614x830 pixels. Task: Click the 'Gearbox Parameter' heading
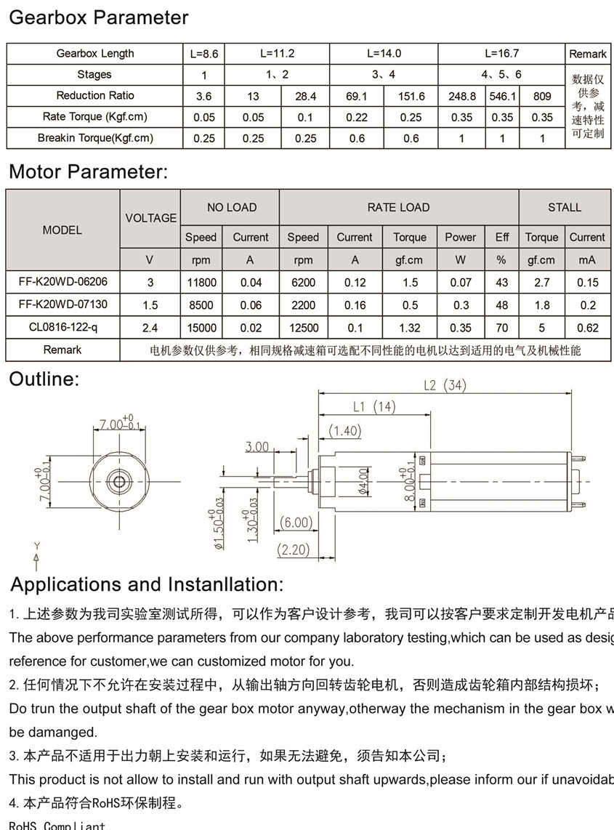tap(98, 18)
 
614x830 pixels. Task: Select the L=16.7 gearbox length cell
tap(502, 54)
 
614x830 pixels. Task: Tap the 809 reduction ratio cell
tap(542, 96)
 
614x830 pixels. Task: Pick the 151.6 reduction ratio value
tap(411, 96)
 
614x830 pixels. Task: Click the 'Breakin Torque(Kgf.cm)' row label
tap(95, 138)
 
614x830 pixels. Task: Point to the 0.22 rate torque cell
tap(357, 117)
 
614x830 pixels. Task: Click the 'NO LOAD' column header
tap(231, 208)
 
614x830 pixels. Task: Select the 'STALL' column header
tap(565, 208)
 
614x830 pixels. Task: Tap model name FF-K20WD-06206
tap(62, 283)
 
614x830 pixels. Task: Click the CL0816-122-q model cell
tap(62, 328)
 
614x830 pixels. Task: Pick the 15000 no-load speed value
tap(201, 328)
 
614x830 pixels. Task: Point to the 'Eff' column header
tap(502, 238)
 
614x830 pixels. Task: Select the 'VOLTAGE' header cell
tap(150, 218)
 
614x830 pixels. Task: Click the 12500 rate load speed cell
tap(303, 328)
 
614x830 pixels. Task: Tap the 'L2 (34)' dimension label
tap(444, 385)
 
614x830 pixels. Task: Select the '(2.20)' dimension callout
tap(294, 550)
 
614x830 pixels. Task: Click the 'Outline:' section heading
tap(44, 379)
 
